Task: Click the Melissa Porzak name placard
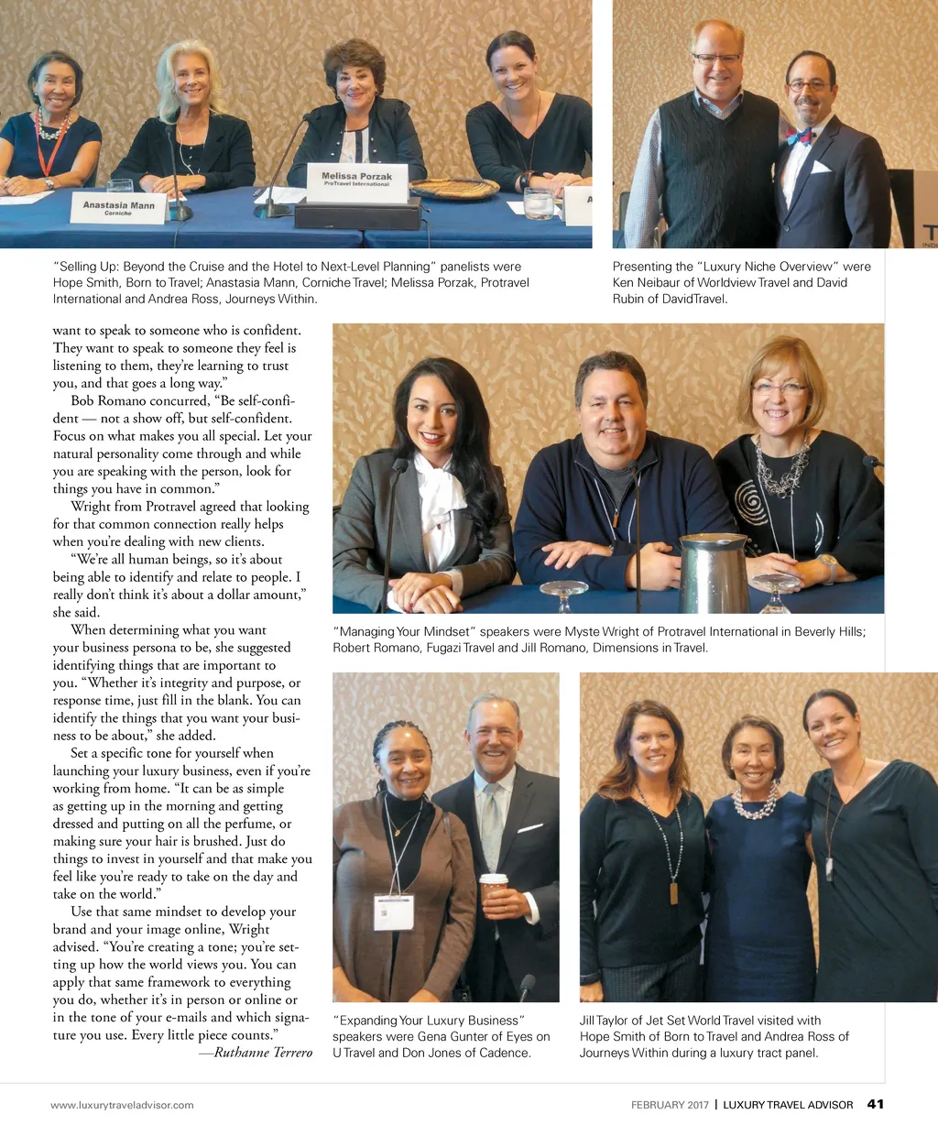coord(356,179)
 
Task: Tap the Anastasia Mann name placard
coord(119,208)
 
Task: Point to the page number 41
coord(876,1104)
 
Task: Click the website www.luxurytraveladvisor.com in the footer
coord(122,1105)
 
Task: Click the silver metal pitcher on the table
coord(714,573)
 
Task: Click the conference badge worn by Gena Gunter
coord(394,912)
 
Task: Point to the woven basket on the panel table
coord(454,189)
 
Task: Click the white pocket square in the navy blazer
coord(821,168)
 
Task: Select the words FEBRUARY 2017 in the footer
coord(670,1105)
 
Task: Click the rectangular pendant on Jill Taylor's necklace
coord(675,891)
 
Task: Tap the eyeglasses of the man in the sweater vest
coord(716,59)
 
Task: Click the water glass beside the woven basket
coord(539,203)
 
